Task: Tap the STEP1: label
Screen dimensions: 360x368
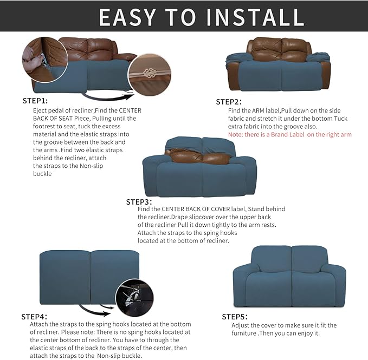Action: coord(35,101)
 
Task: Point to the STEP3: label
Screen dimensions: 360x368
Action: coord(139,201)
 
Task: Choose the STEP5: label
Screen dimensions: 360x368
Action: coord(235,316)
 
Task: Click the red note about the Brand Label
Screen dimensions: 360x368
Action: coord(290,134)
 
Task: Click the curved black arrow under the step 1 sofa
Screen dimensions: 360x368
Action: coord(108,98)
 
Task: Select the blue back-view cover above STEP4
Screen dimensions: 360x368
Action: coord(89,276)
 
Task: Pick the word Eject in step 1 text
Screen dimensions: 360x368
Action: coord(41,110)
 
